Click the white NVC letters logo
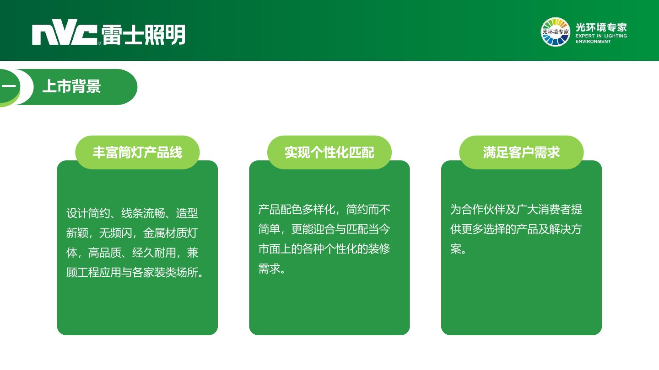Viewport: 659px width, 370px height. [x=65, y=32]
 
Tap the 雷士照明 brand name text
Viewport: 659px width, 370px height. [x=143, y=35]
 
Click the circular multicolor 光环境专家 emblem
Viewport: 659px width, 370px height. [x=555, y=32]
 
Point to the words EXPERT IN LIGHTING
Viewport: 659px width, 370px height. [x=601, y=36]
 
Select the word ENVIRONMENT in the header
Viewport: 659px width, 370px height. [x=593, y=42]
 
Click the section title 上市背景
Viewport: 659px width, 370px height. [x=72, y=86]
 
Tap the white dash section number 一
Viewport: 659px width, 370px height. [x=9, y=86]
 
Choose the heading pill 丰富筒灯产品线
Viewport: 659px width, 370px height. [x=137, y=152]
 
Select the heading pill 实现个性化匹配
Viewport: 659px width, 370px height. [x=329, y=152]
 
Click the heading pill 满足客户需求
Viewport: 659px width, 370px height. [x=521, y=152]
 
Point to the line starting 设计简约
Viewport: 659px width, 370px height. [x=132, y=213]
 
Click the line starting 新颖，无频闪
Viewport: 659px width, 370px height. [x=132, y=233]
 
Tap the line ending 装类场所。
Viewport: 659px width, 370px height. [x=135, y=273]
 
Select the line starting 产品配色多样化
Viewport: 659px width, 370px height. [x=324, y=209]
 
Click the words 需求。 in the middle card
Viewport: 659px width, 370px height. [x=271, y=269]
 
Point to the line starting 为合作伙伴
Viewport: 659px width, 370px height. [x=516, y=209]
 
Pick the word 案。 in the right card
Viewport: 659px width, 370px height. [x=458, y=248]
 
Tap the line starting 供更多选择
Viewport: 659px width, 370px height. [x=516, y=229]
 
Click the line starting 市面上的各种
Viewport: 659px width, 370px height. [x=324, y=248]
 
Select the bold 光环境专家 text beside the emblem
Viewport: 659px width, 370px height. [x=601, y=27]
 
